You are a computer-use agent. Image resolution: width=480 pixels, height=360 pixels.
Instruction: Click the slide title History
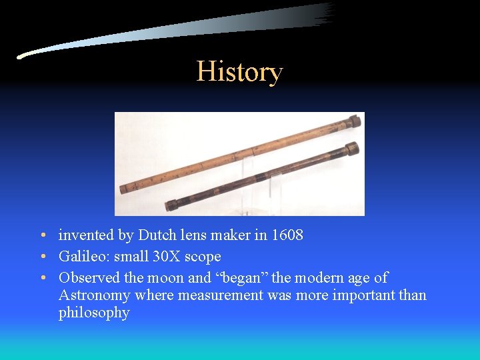239,71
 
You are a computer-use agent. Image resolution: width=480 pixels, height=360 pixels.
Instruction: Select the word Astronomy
94,295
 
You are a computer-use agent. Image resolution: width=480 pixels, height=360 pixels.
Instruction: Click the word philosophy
94,313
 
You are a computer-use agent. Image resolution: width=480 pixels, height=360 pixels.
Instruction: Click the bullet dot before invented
42,236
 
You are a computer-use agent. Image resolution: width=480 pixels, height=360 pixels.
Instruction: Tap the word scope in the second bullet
206,257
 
